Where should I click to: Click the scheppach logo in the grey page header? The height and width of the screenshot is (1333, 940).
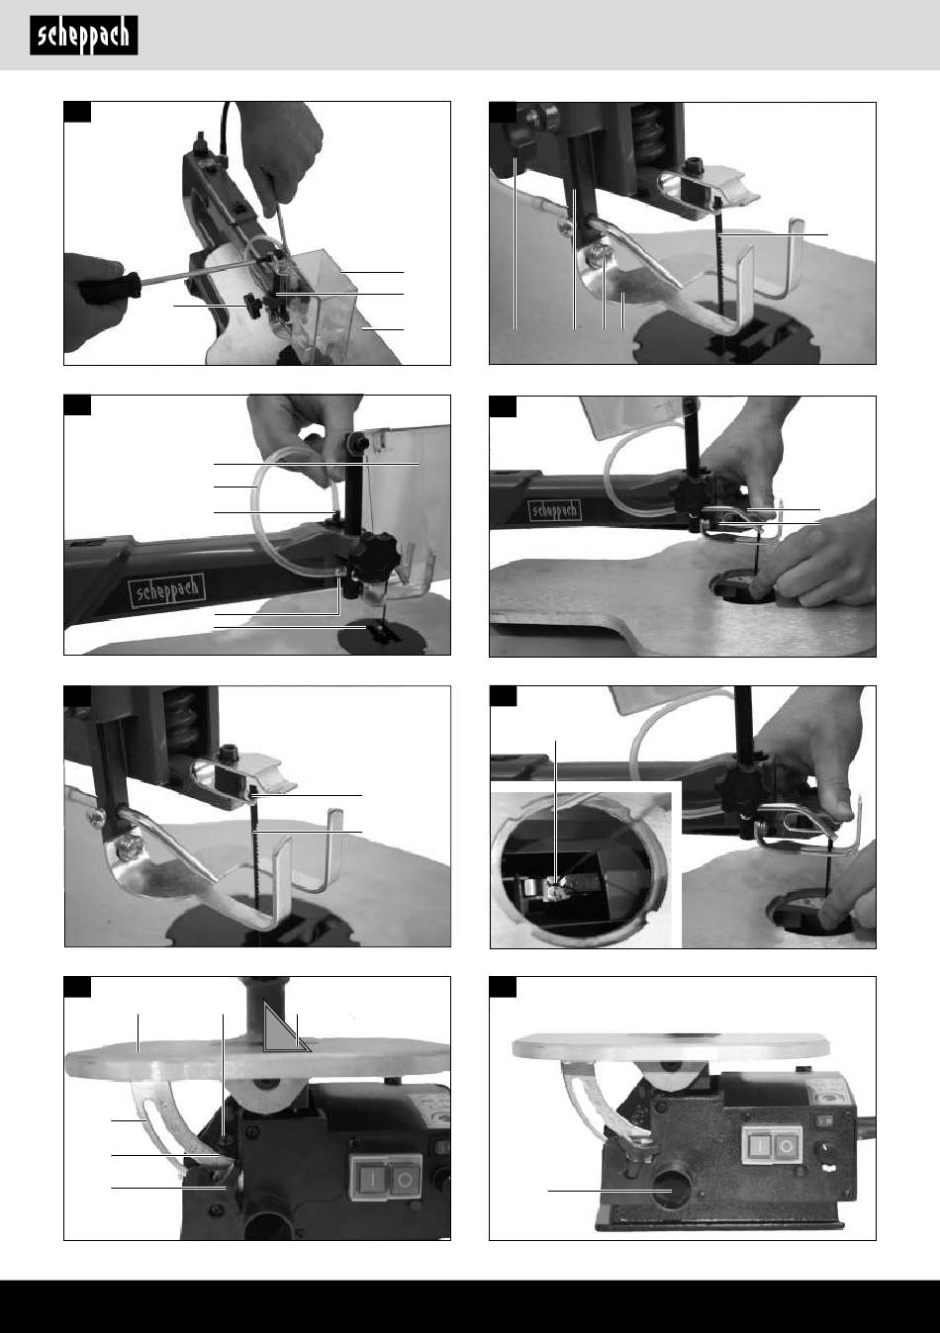point(84,36)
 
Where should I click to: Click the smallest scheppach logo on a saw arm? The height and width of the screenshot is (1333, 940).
point(555,510)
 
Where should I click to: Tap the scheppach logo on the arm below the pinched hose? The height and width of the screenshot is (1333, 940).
point(168,590)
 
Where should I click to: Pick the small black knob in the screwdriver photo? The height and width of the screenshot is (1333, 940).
point(253,306)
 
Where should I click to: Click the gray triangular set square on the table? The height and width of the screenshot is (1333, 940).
point(283,1030)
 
